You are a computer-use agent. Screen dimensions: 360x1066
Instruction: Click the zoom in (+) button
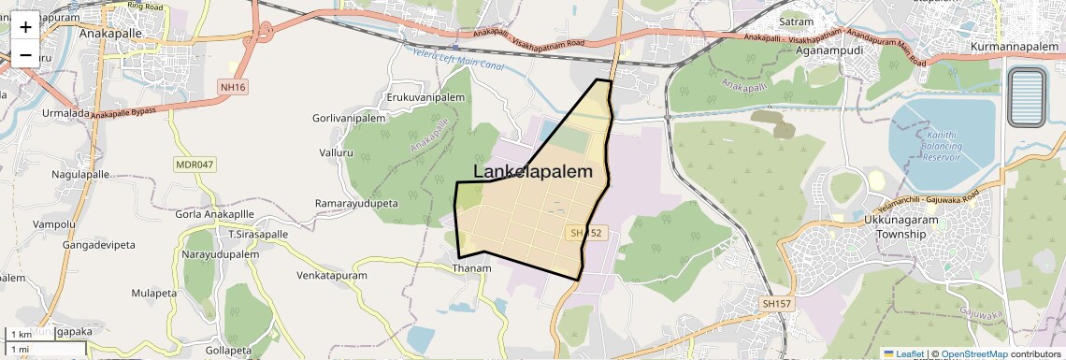[25, 26]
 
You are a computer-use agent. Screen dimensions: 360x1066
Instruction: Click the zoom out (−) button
[25, 54]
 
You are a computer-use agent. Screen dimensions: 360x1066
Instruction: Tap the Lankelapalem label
[533, 172]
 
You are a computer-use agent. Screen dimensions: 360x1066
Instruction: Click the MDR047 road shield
[194, 165]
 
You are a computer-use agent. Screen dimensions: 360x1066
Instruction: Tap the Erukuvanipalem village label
[425, 98]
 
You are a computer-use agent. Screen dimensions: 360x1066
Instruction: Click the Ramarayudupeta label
[356, 203]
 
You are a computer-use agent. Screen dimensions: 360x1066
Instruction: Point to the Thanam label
[471, 268]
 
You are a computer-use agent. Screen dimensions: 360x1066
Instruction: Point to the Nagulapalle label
[81, 175]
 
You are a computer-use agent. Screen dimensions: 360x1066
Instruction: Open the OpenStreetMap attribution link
[973, 353]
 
